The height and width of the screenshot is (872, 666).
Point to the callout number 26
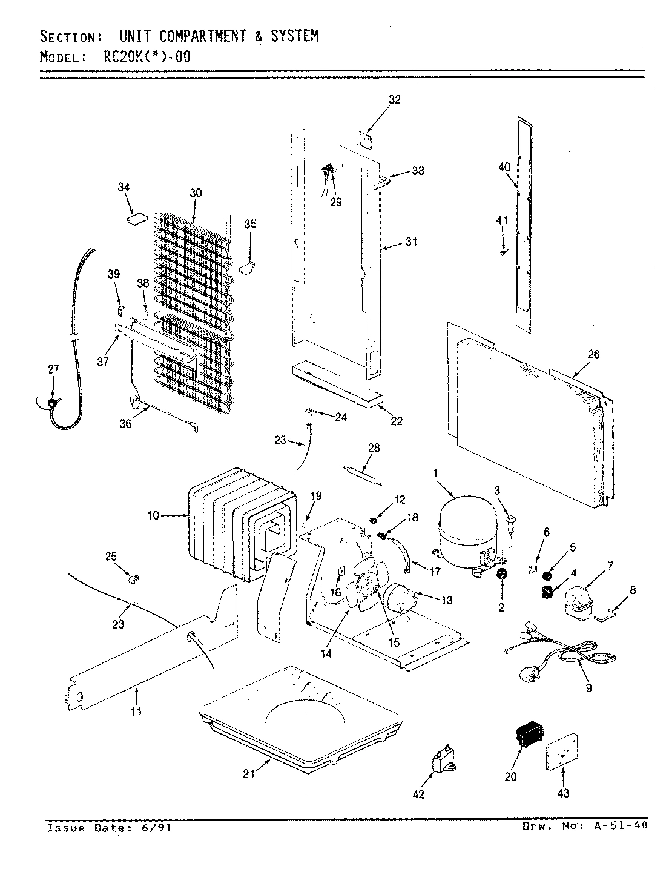point(593,355)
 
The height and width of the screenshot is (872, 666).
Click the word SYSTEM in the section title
point(294,36)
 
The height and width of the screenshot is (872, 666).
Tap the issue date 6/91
point(156,828)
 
